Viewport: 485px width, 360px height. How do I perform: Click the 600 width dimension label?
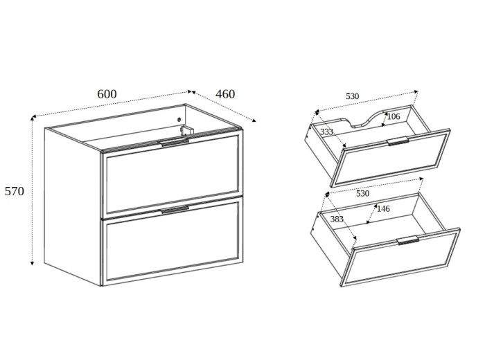107,94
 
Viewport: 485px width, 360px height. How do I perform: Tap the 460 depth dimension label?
225,94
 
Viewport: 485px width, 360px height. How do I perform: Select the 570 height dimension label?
15,191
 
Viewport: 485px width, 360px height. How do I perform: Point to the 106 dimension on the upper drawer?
394,116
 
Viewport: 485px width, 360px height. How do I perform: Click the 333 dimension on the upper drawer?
326,132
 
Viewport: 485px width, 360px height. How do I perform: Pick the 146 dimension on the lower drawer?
383,209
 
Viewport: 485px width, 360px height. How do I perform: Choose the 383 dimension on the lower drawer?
337,219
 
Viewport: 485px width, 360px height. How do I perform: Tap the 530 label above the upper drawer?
352,96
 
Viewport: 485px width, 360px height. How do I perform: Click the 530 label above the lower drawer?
363,194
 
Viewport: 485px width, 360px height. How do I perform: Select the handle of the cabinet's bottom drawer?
175,210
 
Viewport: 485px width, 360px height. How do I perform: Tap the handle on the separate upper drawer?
398,141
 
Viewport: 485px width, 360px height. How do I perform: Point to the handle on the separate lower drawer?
408,240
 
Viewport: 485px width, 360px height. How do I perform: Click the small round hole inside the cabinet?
179,120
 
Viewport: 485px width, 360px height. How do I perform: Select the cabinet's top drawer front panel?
173,174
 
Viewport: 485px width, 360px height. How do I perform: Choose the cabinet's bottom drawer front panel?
173,241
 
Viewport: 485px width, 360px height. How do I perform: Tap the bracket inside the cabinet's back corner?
186,130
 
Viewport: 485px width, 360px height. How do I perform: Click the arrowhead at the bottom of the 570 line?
32,263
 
